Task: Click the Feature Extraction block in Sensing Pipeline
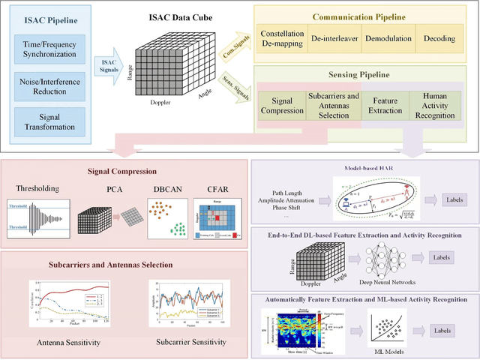click(385, 106)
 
